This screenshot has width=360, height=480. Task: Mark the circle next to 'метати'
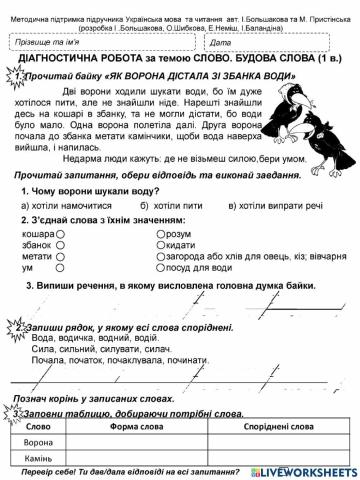tap(59, 256)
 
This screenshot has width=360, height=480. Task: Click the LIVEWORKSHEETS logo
tap(310, 471)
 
